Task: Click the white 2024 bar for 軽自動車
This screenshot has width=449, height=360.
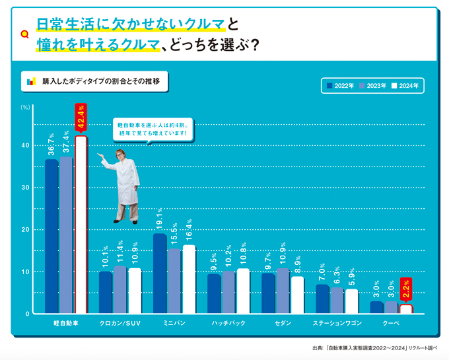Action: (81, 225)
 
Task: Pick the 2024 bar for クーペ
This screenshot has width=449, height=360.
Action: (406, 309)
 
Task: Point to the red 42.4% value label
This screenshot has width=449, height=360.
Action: (81, 118)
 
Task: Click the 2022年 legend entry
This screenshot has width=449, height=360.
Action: (340, 86)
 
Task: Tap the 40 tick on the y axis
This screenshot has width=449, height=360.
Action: (24, 145)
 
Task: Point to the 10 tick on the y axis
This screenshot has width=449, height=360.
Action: (24, 271)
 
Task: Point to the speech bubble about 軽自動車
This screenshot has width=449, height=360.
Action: (153, 129)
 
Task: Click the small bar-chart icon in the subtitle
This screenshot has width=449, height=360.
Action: (30, 83)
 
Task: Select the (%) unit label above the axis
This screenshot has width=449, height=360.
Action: (25, 106)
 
